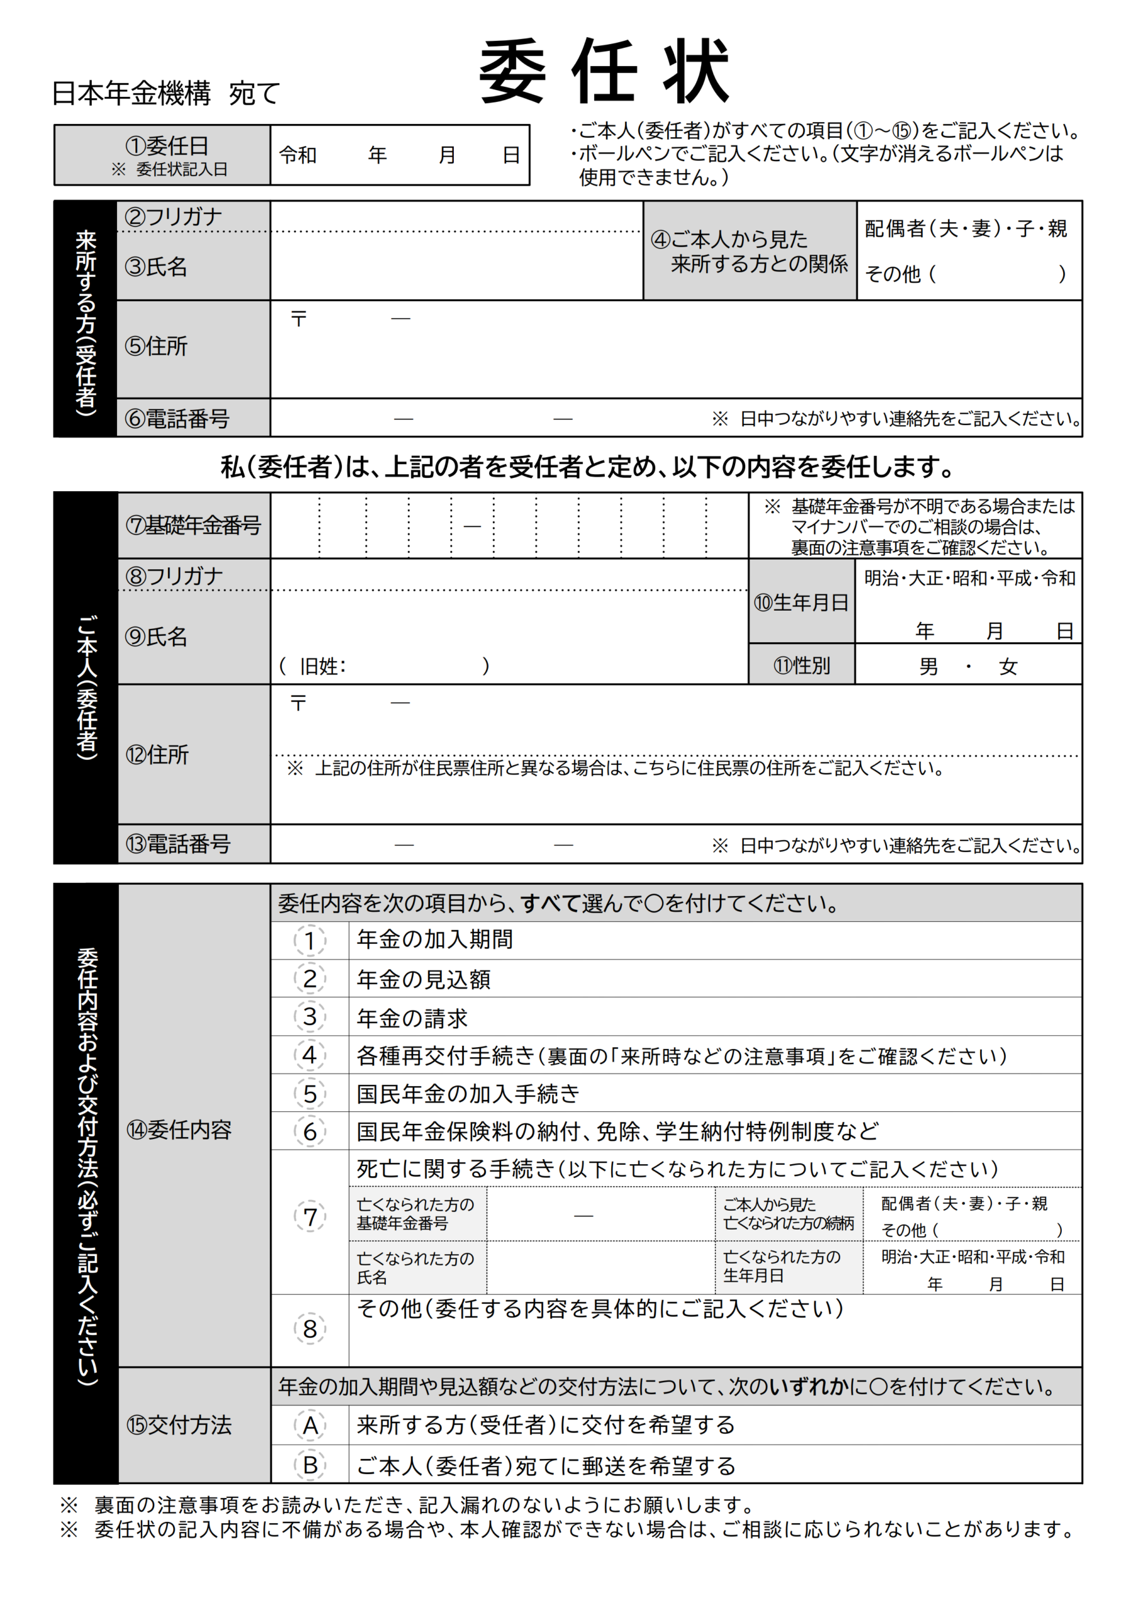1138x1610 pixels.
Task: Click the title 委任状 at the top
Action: click(604, 72)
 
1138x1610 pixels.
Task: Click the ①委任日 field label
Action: click(167, 147)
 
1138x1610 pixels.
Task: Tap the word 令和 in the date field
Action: click(298, 155)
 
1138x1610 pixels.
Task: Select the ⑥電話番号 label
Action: click(177, 419)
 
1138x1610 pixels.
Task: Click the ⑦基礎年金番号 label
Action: click(193, 525)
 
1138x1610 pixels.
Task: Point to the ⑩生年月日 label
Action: click(802, 602)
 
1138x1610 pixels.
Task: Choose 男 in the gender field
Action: click(929, 666)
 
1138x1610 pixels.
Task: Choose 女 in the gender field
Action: click(1008, 666)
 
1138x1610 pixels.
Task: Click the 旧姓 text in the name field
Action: click(323, 666)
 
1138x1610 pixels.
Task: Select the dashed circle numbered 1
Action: click(310, 941)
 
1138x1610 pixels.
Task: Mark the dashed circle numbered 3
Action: click(310, 1017)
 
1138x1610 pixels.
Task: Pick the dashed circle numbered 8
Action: click(310, 1329)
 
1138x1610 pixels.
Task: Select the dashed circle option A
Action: click(310, 1426)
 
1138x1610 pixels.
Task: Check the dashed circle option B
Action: click(310, 1465)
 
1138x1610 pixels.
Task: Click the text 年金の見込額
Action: click(424, 980)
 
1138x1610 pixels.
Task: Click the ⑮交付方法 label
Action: click(179, 1425)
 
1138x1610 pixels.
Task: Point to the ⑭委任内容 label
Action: click(179, 1130)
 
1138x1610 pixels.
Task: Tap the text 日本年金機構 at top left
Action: click(131, 93)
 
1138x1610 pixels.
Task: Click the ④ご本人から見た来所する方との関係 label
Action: click(749, 251)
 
